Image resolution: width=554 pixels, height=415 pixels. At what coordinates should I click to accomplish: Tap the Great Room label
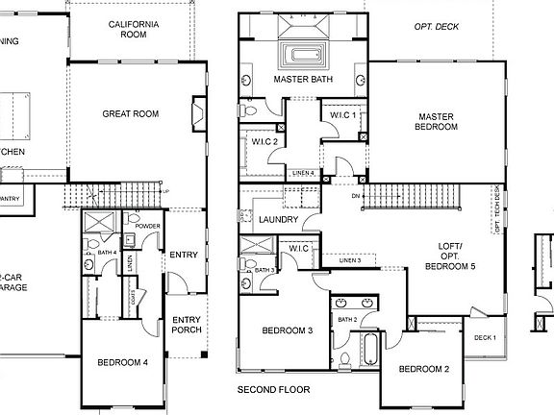pyautogui.click(x=130, y=113)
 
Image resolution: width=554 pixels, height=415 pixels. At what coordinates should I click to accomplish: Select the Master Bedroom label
pyautogui.click(x=435, y=120)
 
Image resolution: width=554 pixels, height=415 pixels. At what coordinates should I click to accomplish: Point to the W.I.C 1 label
pyautogui.click(x=343, y=115)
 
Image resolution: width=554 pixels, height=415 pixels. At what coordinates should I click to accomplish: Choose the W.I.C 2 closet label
pyautogui.click(x=265, y=142)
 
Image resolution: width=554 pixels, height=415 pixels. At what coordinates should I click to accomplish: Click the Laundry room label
pyautogui.click(x=278, y=220)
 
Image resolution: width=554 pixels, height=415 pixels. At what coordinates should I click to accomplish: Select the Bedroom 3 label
pyautogui.click(x=289, y=330)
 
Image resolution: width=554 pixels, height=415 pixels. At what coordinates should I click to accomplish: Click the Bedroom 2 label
pyautogui.click(x=424, y=369)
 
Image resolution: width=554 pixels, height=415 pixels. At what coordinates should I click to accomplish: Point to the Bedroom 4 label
pyautogui.click(x=122, y=363)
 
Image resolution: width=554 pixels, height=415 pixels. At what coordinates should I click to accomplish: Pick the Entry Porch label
pyautogui.click(x=185, y=326)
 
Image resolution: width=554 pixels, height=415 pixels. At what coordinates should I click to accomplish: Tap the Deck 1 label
pyautogui.click(x=485, y=337)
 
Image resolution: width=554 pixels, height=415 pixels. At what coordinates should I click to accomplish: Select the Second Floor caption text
pyautogui.click(x=274, y=391)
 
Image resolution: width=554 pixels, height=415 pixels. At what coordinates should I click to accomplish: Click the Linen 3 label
pyautogui.click(x=350, y=260)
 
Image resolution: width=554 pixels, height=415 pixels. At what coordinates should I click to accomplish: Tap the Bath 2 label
pyautogui.click(x=346, y=318)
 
